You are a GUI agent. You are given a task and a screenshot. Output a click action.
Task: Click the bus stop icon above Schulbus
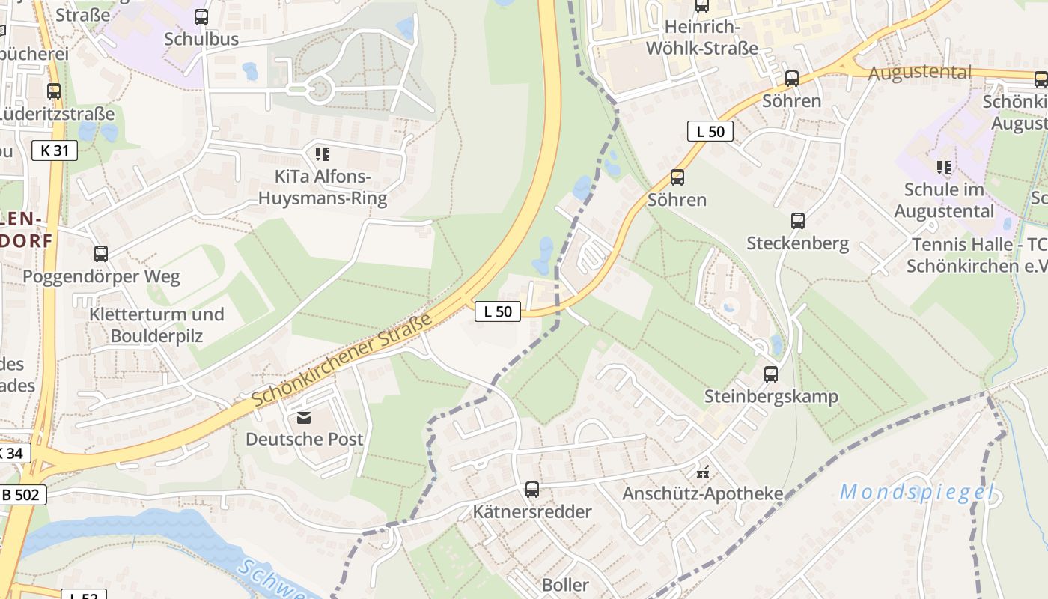(201, 16)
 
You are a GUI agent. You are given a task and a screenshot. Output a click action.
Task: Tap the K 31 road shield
(55, 150)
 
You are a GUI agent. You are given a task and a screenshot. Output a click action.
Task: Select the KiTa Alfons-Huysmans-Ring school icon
(322, 154)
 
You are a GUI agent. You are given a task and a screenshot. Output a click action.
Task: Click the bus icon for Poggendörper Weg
(101, 253)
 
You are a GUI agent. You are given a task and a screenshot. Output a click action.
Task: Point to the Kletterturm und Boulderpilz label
(156, 325)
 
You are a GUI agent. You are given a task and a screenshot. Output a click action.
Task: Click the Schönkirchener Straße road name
(343, 360)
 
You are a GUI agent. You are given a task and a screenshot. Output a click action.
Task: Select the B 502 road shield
(22, 494)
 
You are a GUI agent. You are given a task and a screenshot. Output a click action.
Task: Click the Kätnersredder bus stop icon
(532, 490)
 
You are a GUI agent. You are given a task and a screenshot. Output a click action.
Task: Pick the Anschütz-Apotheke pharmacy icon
(703, 472)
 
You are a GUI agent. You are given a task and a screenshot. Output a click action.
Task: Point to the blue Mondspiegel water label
(917, 493)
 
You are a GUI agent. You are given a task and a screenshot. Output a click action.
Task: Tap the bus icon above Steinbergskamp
(771, 374)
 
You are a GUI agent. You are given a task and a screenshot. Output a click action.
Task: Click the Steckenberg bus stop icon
(798, 221)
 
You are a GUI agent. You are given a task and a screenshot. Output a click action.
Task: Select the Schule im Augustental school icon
(944, 167)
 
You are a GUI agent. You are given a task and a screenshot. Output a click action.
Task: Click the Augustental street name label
(919, 73)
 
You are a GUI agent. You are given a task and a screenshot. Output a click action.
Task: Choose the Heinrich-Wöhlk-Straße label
(711, 37)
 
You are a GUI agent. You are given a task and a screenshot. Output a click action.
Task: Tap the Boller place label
(565, 585)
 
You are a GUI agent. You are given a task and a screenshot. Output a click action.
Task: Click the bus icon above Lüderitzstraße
(54, 91)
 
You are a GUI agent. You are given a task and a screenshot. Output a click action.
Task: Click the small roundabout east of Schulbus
(320, 90)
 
